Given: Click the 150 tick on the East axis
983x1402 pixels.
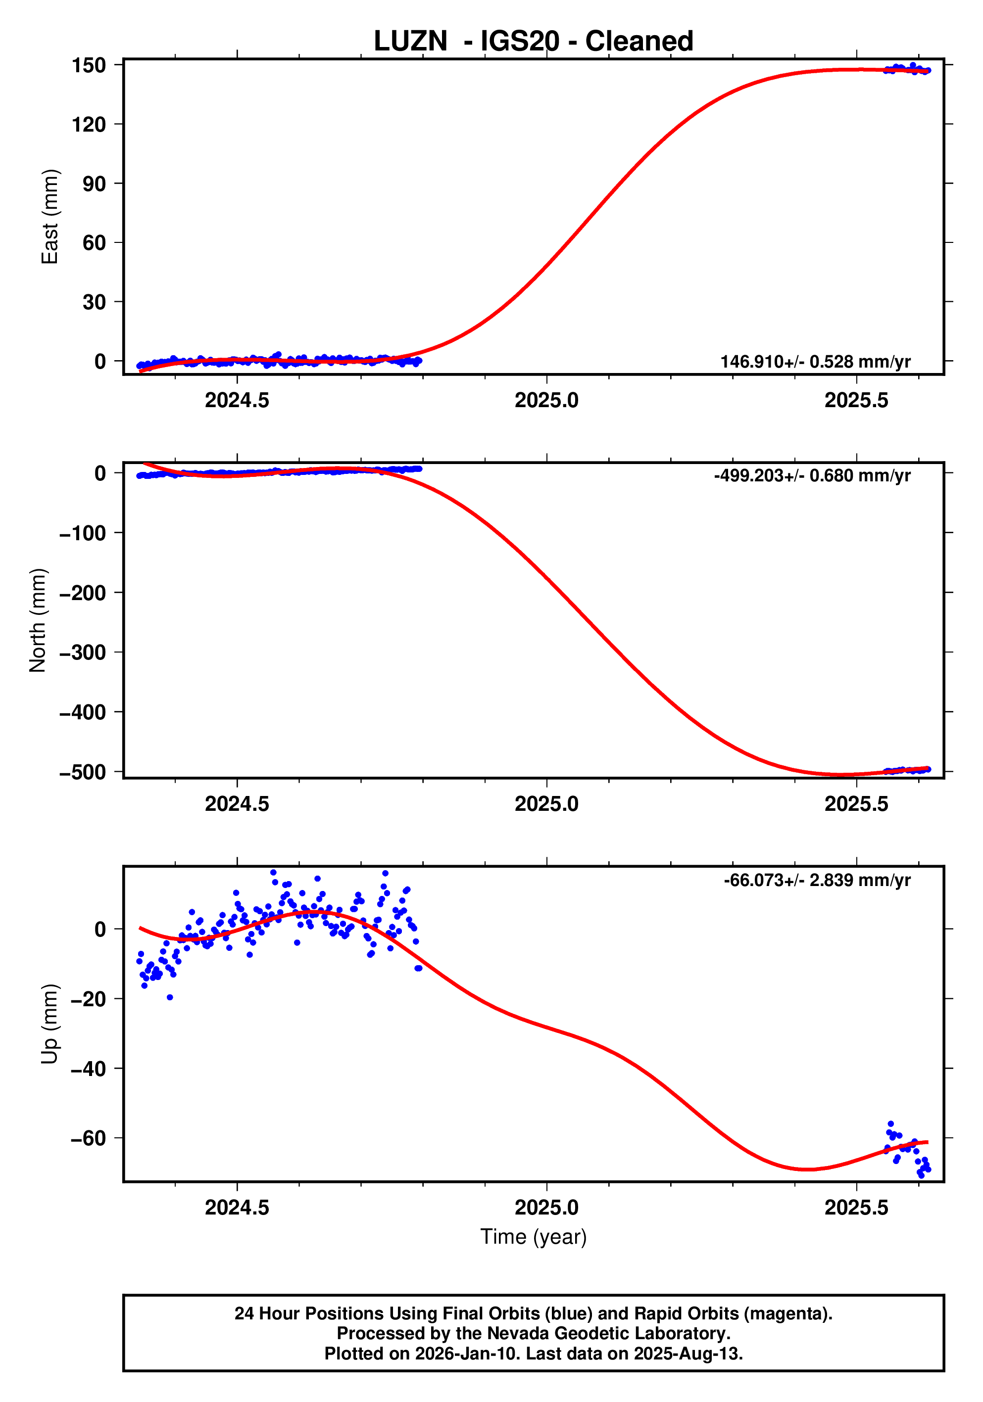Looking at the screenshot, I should [89, 65].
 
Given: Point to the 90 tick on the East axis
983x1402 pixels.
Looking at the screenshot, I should [94, 184].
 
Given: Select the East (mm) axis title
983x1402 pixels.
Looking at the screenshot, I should [49, 217].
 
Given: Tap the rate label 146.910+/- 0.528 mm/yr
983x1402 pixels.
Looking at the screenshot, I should [815, 362].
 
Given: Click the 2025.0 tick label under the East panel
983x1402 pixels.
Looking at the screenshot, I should [546, 401].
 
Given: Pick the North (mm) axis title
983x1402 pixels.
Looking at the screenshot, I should [38, 620].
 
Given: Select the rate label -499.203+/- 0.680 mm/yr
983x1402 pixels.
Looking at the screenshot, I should [812, 476].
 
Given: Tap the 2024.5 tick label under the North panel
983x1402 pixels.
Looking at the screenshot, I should [237, 804].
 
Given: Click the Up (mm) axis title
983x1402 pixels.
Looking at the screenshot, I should [49, 1024].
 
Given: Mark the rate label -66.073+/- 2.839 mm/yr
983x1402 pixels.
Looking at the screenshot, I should [817, 880].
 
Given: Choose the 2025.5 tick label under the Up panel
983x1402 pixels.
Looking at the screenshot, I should [856, 1208].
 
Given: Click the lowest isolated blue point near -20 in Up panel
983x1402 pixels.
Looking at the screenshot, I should [170, 997].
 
